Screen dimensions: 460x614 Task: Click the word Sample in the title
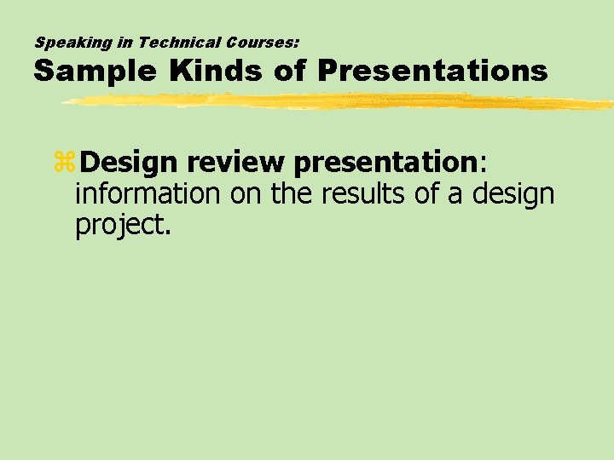[x=94, y=72]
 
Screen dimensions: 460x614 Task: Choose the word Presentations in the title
[x=432, y=72]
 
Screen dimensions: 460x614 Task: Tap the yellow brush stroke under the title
[x=341, y=102]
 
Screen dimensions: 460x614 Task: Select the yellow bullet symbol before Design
[x=64, y=163]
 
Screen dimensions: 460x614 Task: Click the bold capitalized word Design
[x=132, y=161]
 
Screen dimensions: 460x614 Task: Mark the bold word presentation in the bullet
[x=388, y=161]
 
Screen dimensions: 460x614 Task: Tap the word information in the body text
[x=148, y=194]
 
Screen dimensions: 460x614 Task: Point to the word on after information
[x=246, y=194]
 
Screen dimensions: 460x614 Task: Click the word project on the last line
[x=120, y=225]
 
